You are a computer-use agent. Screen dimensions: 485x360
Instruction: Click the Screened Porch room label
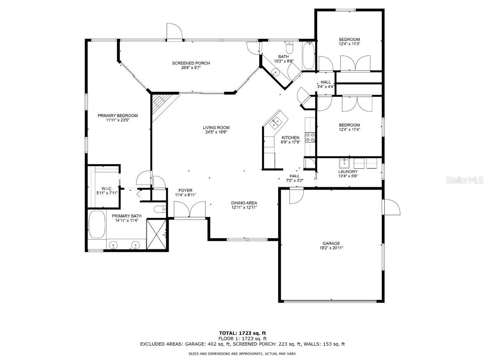191,63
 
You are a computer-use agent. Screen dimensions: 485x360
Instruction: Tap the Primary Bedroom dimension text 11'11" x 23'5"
118,120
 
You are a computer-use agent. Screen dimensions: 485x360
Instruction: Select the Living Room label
216,128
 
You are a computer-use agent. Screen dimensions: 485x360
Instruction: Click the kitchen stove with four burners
310,137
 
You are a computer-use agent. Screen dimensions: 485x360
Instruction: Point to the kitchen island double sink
275,123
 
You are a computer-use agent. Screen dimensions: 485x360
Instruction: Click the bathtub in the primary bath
97,225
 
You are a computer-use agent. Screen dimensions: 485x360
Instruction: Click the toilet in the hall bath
290,48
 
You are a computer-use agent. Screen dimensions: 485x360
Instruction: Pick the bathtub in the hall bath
309,56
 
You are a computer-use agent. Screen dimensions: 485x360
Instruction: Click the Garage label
331,244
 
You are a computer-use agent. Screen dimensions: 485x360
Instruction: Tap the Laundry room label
348,172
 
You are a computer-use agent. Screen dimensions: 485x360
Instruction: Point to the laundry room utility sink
344,163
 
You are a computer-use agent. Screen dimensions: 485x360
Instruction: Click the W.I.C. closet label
107,189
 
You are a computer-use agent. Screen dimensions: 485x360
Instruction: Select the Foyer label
185,190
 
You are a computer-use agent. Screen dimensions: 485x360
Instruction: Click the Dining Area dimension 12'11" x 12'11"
244,207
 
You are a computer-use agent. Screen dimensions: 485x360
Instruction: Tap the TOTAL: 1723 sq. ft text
243,333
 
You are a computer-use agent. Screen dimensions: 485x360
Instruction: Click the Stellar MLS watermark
465,180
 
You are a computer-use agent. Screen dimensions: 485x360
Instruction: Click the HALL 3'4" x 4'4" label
326,84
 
